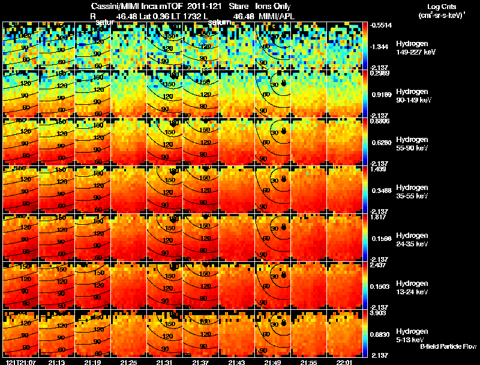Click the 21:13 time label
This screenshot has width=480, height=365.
pos(57,362)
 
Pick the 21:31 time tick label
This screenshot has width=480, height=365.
pos(165,362)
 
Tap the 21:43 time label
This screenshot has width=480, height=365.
pos(238,362)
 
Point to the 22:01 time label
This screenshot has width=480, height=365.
pos(346,362)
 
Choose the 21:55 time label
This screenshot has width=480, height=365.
pos(310,362)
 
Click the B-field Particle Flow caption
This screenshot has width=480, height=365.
pos(448,346)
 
